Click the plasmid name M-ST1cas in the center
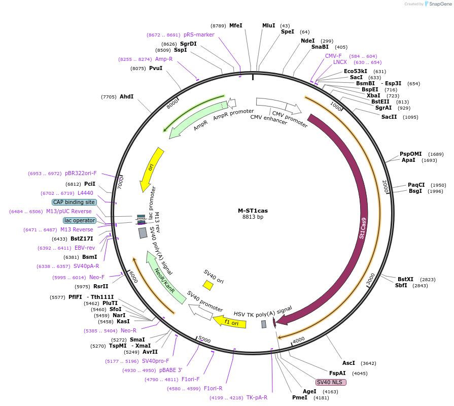(x=253, y=211)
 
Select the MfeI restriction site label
(x=236, y=25)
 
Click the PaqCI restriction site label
(x=416, y=185)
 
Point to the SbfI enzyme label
(x=401, y=285)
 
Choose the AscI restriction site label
(x=348, y=363)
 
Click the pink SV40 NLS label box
(x=331, y=382)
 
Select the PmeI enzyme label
(x=300, y=397)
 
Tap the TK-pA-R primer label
(x=257, y=397)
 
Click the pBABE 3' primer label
(x=170, y=370)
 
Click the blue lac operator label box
(x=79, y=220)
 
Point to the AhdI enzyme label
(x=126, y=96)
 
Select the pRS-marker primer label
(x=199, y=35)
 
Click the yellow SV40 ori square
(x=208, y=286)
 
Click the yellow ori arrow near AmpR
(x=151, y=167)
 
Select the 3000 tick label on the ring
(x=371, y=279)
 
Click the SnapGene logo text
(x=440, y=4)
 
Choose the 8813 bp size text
(x=253, y=217)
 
